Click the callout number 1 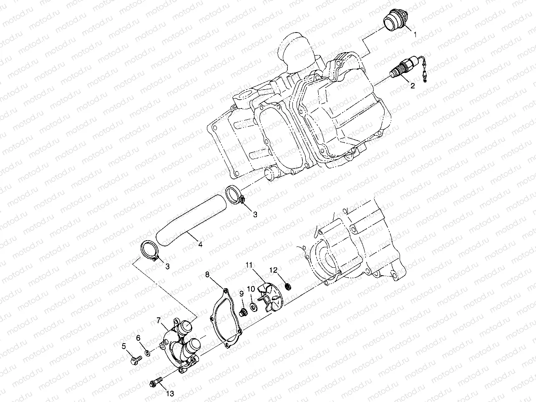415,35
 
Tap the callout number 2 413,86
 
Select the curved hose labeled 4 191,219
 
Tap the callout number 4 200,244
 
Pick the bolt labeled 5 136,359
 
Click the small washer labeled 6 148,353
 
